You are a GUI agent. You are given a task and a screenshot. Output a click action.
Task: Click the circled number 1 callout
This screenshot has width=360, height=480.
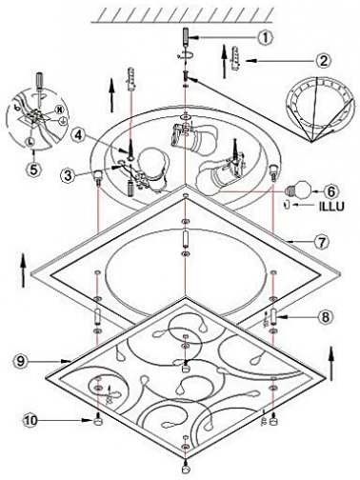pyautogui.click(x=266, y=37)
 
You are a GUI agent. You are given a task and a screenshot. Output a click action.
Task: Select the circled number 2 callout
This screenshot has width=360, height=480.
pyautogui.click(x=323, y=60)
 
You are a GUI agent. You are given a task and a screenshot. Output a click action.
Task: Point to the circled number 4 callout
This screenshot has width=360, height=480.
pyautogui.click(x=79, y=135)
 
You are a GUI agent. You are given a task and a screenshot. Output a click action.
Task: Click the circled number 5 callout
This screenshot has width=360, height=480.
pyautogui.click(x=33, y=169)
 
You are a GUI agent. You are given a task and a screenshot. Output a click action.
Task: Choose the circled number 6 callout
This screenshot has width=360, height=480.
pyautogui.click(x=331, y=191)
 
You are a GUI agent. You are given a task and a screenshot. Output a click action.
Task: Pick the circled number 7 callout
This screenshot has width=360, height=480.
pyautogui.click(x=322, y=242)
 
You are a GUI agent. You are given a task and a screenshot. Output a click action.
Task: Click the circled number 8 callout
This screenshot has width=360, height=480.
pyautogui.click(x=324, y=317)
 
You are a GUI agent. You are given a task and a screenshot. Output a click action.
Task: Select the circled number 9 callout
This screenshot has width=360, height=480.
pyautogui.click(x=21, y=361)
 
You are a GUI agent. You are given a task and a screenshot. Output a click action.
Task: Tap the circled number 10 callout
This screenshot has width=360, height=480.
pyautogui.click(x=30, y=421)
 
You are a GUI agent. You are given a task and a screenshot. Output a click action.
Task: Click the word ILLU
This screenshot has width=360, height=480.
pyautogui.click(x=331, y=207)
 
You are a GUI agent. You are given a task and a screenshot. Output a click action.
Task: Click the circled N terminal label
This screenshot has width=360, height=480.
pyautogui.click(x=59, y=110)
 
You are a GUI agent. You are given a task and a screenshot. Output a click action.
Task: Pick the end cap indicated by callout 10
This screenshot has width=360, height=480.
pyautogui.click(x=98, y=421)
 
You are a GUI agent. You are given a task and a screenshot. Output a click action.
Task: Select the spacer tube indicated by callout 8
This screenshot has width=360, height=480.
pyautogui.click(x=273, y=316)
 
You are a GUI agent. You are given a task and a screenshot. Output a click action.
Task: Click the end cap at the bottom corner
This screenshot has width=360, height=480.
pyautogui.click(x=185, y=470)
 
